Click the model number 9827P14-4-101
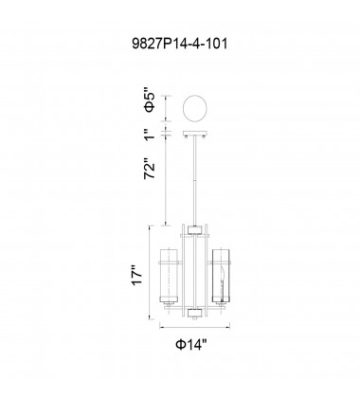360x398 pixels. click(180, 44)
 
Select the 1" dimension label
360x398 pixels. click(150, 134)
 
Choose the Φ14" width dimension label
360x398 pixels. click(191, 344)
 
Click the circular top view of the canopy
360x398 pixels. click(195, 108)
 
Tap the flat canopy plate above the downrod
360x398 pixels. click(195, 133)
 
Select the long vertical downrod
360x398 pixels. click(195, 180)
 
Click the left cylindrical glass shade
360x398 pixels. click(170, 276)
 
